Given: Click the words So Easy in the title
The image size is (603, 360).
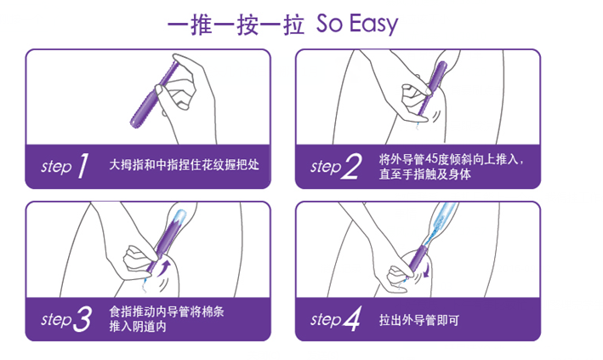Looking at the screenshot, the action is pyautogui.click(x=357, y=24).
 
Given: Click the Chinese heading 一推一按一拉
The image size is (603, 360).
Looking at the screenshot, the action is pyautogui.click(x=236, y=25).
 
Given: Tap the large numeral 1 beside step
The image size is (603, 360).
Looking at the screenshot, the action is pyautogui.click(x=83, y=166).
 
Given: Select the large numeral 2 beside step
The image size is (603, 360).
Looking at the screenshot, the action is pyautogui.click(x=352, y=166).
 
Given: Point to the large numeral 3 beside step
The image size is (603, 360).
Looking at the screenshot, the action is pyautogui.click(x=82, y=319).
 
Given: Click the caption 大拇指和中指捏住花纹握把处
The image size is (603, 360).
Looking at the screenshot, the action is pyautogui.click(x=185, y=165).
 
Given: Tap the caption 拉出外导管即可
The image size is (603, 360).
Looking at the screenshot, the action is pyautogui.click(x=419, y=320).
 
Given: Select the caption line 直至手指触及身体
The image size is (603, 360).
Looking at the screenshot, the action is pyautogui.click(x=425, y=174).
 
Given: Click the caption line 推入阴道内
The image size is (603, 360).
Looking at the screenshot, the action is pyautogui.click(x=138, y=327).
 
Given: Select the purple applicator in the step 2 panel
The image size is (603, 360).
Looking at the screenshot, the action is pyautogui.click(x=432, y=89).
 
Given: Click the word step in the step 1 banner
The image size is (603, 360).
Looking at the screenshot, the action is pyautogui.click(x=56, y=167).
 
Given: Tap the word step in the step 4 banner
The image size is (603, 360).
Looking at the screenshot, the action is pyautogui.click(x=326, y=319).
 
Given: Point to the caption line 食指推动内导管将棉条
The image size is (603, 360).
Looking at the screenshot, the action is pyautogui.click(x=167, y=311).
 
